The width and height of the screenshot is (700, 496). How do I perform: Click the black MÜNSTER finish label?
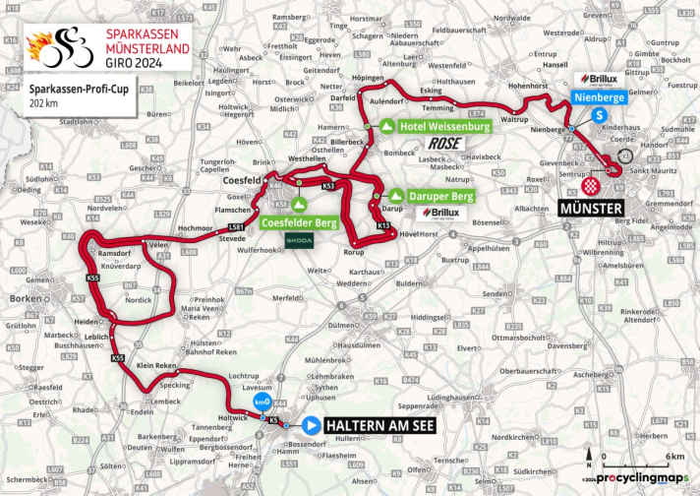pos(590,210)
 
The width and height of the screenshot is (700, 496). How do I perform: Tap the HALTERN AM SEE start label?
pos(375,426)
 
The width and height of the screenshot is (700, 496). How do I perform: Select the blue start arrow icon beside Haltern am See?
pos(311,426)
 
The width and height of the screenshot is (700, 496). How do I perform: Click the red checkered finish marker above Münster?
pos(591,186)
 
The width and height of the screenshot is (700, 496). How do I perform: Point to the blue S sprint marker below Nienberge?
pos(598,115)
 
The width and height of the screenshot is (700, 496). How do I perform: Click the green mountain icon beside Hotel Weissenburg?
pos(388,127)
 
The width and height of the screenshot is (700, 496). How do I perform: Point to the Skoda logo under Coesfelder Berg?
pos(299,239)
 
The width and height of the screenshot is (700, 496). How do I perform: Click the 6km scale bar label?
pos(674,456)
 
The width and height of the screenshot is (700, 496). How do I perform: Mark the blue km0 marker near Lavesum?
pos(261,403)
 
